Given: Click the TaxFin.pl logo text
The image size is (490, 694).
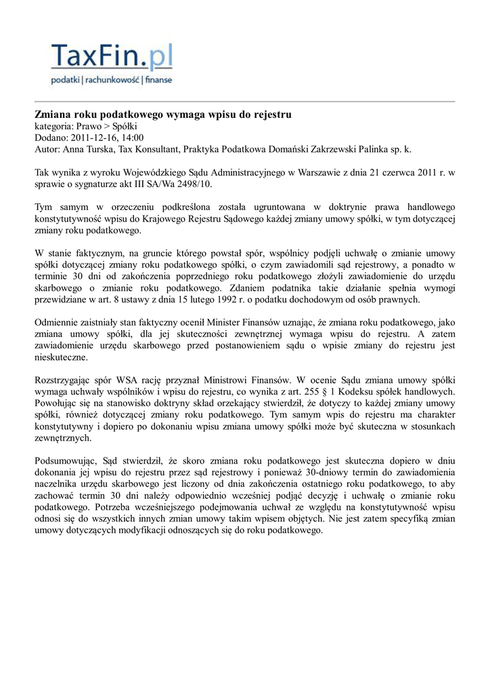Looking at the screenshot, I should (112, 55).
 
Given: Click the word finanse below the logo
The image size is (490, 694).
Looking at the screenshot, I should (158, 80).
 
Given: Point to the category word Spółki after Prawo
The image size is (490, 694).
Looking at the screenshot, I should (125, 126).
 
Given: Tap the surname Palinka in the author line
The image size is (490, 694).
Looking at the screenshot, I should (366, 149).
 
